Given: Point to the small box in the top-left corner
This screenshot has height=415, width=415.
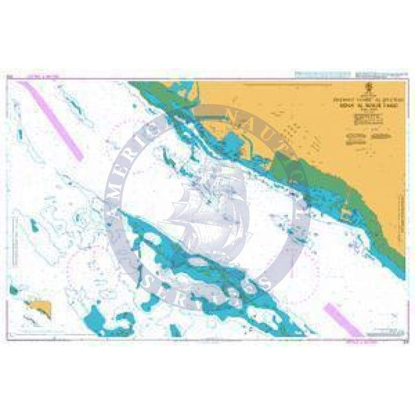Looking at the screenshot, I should tap(9, 75).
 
